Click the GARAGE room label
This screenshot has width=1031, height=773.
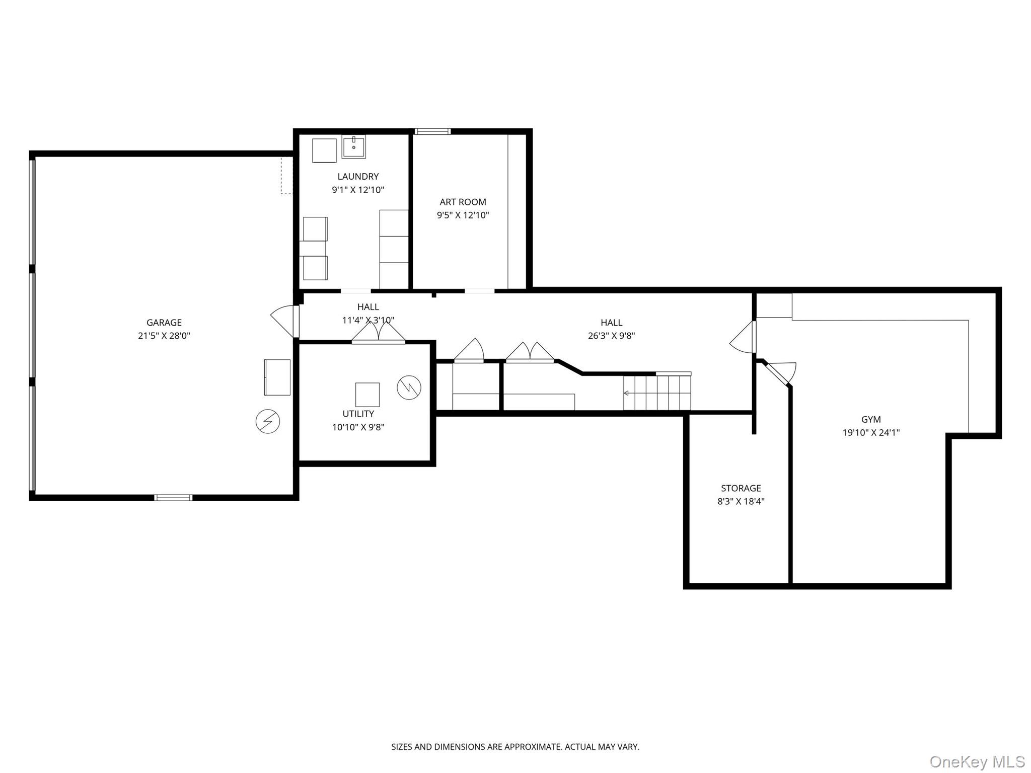tap(164, 323)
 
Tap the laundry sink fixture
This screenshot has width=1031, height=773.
tap(353, 147)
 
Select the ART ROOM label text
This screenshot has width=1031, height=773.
tap(463, 202)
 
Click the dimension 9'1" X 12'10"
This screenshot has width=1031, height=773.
tap(357, 190)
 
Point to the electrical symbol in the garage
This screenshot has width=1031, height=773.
tap(268, 421)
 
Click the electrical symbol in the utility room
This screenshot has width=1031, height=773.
tap(409, 388)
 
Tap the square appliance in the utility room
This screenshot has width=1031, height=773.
tap(367, 395)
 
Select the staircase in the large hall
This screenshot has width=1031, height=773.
tap(657, 393)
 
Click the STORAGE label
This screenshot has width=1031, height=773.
tap(741, 488)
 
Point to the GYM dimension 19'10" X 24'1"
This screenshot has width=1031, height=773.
tap(871, 432)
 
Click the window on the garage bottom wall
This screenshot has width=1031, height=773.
tap(173, 498)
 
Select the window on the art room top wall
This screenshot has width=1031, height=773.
tap(432, 131)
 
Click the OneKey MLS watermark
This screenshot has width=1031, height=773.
tap(977, 762)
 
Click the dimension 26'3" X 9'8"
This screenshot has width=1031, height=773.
tap(611, 336)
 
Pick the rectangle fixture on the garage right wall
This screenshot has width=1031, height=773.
tap(277, 377)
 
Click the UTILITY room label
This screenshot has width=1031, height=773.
tap(358, 414)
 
